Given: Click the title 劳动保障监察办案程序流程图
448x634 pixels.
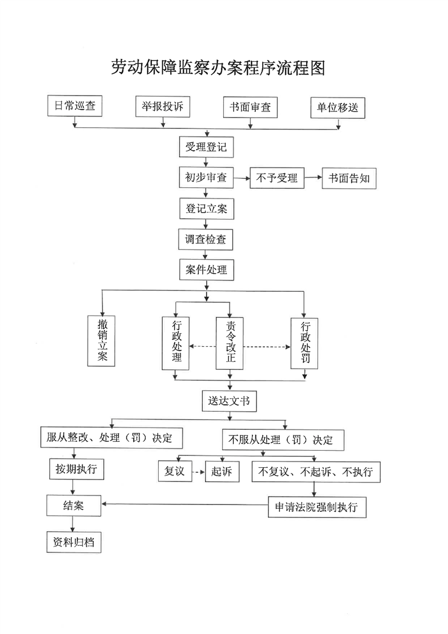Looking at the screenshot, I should [218, 68].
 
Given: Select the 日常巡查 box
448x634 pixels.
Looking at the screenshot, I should [75, 106].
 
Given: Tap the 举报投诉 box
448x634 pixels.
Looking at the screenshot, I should [163, 106].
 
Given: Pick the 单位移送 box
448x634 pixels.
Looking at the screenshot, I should [338, 107].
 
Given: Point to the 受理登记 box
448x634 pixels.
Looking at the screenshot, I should [206, 148].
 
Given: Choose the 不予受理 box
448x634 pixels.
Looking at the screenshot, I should [277, 178].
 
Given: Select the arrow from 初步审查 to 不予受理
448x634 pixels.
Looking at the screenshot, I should [242, 178].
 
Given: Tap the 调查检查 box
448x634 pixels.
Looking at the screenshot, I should [206, 239].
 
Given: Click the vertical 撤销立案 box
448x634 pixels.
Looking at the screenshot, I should [102, 340].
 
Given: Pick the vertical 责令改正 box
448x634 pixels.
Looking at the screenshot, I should [230, 343].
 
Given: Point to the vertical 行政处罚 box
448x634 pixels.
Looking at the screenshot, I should [305, 343].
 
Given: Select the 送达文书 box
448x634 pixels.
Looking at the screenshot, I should [229, 402].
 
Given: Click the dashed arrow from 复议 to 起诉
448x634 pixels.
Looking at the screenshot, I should [198, 472].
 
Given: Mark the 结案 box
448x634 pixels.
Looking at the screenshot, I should [73, 506].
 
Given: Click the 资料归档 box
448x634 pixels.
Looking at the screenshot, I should [73, 542].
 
